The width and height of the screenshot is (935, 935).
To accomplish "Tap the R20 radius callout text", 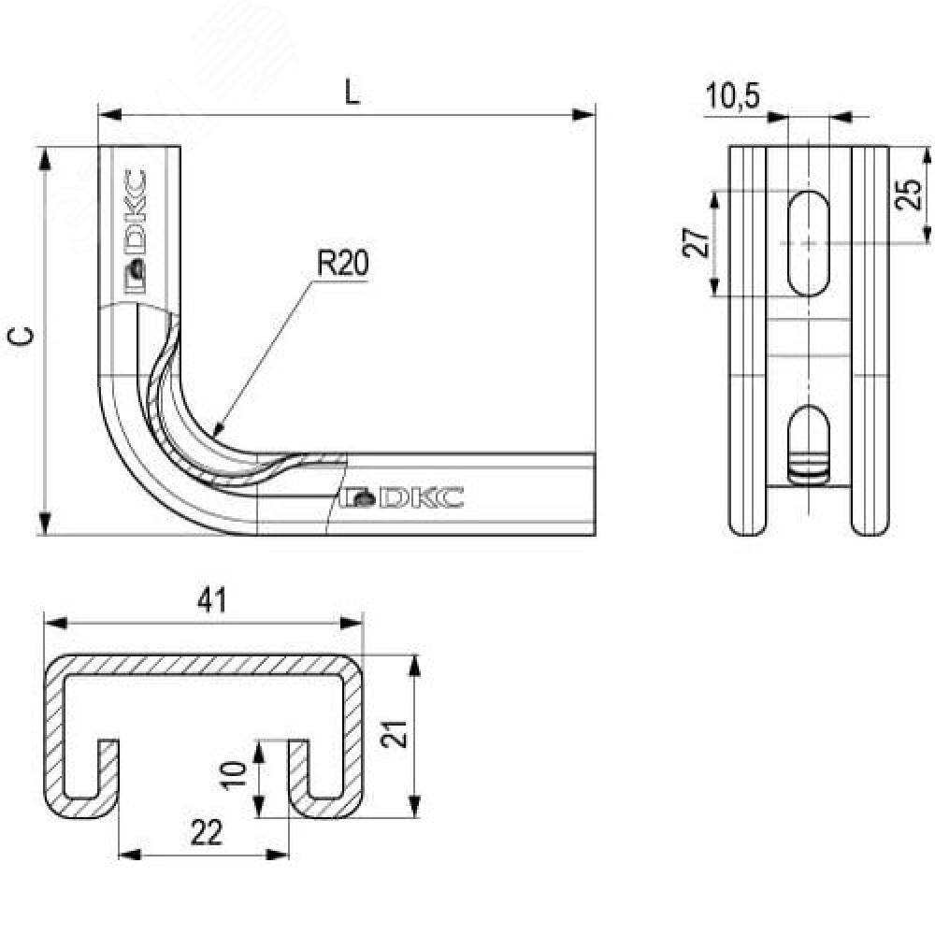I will tap(341, 265).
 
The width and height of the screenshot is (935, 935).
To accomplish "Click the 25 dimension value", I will tap(910, 194).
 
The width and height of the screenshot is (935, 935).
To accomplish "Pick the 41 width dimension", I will tap(212, 601).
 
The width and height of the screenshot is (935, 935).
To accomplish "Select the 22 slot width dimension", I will tap(206, 831).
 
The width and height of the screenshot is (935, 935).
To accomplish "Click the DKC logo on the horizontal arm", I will tap(403, 497).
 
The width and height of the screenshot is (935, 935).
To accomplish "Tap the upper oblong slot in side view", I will tap(807, 242).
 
